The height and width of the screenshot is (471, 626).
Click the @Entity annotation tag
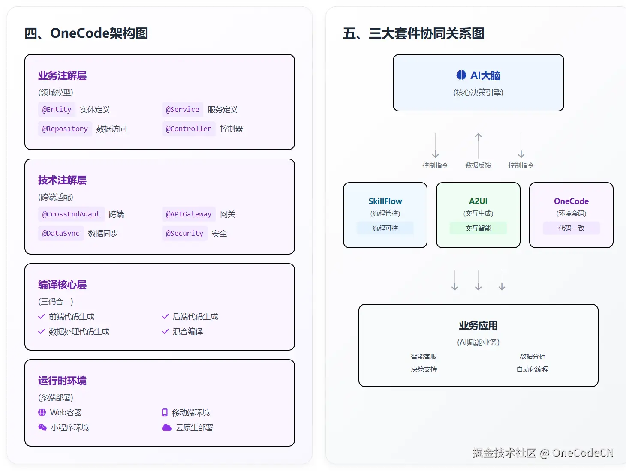pyautogui.click(x=57, y=110)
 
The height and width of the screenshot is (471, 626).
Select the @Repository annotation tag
pyautogui.click(x=65, y=129)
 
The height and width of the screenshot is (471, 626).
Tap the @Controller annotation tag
pyautogui.click(x=189, y=129)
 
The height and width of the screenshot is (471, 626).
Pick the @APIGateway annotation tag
pyautogui.click(x=189, y=214)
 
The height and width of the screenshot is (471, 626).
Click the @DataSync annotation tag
pyautogui.click(x=61, y=234)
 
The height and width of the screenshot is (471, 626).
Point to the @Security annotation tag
pyautogui.click(x=184, y=234)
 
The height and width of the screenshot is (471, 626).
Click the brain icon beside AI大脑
pyautogui.click(x=461, y=75)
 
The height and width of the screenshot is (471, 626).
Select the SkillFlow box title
pyautogui.click(x=385, y=201)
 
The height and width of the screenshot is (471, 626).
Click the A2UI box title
pyautogui.click(x=478, y=201)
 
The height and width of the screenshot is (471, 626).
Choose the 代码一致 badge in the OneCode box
pyautogui.click(x=571, y=228)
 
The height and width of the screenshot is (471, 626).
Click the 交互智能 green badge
pyautogui.click(x=478, y=228)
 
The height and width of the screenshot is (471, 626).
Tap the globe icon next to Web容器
pyautogui.click(x=42, y=412)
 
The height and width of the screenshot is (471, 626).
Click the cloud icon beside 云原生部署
pyautogui.click(x=166, y=428)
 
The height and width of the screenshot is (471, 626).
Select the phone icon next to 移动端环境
pyautogui.click(x=165, y=412)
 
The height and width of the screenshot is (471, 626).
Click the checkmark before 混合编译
pyautogui.click(x=165, y=332)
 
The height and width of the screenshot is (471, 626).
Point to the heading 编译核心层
pyautogui.click(x=62, y=285)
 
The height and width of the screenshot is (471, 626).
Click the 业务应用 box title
pyautogui.click(x=478, y=326)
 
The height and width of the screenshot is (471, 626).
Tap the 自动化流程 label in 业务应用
pyautogui.click(x=532, y=369)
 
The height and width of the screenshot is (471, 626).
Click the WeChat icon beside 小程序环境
pyautogui.click(x=42, y=428)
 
